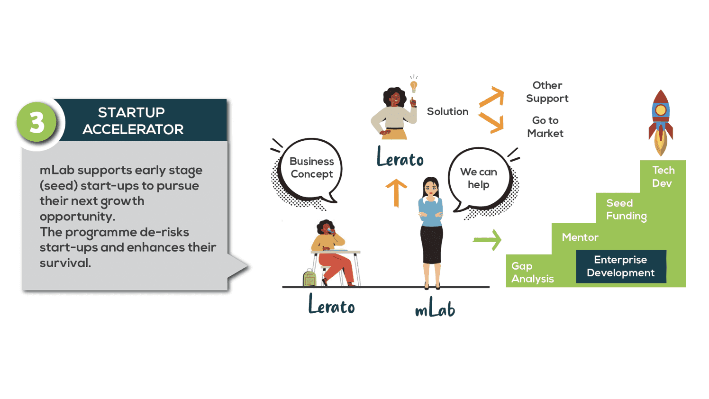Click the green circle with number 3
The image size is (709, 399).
coord(36,122)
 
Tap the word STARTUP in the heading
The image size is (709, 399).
coord(131,112)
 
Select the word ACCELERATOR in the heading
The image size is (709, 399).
coord(133,129)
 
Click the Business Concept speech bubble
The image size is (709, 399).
coord(311,168)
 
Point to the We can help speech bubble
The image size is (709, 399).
coord(479,178)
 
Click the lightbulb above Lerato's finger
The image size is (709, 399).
coord(414,86)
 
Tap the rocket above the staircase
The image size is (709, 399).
coord(661,123)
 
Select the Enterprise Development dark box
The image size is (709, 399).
coord(621,266)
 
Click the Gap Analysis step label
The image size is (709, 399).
coord(532,272)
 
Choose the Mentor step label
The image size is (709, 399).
coord(580,237)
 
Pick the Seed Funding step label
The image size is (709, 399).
coord(626,209)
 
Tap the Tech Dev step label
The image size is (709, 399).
coord(663,177)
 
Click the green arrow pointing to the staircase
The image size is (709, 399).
coord(488,240)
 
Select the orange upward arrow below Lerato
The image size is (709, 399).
coord(396,192)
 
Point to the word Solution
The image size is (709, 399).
coord(447,111)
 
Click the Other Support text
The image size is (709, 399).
coord(547,92)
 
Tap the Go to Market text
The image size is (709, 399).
coord(545,127)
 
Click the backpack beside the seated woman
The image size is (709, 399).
coord(309,278)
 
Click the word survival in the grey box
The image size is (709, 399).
coord(65,263)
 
